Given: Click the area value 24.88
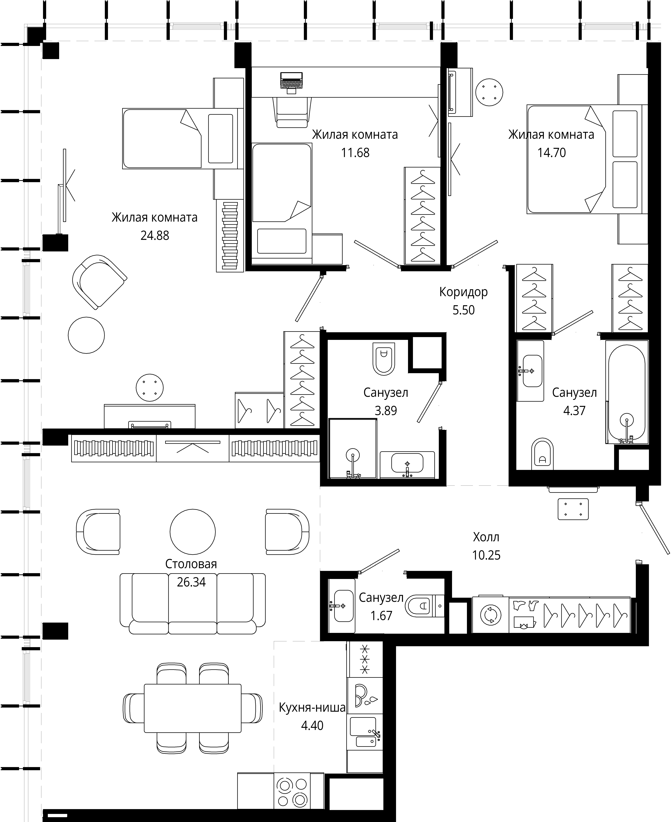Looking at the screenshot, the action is tap(155, 236).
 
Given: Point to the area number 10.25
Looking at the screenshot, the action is tap(486, 555).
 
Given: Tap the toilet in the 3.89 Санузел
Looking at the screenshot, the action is tap(384, 359).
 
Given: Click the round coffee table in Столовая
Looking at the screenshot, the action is tap(193, 532).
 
